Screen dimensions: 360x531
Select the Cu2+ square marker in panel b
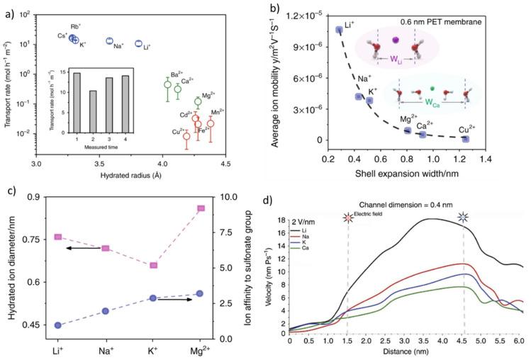[465, 139]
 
